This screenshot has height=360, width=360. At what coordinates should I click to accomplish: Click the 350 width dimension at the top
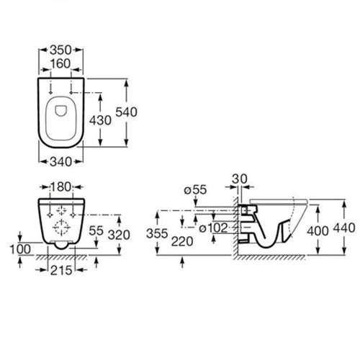pos(60,50)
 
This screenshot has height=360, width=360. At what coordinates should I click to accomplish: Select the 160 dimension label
pos(60,64)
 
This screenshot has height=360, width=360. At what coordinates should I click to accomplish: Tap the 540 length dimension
pos(127,112)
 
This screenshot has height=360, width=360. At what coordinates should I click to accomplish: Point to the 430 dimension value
pos(100,120)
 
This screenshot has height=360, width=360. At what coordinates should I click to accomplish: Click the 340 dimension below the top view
pos(60,162)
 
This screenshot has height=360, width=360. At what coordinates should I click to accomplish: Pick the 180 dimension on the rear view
pos(60,187)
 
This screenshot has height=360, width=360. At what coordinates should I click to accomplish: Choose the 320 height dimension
pos(119,235)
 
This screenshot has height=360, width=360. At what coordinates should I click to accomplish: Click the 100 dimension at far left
pos(20,249)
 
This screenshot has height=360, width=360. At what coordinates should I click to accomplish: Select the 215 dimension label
pos(61,271)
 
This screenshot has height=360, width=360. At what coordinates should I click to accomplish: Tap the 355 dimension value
pos(157,233)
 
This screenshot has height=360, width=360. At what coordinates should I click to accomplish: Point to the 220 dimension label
pos(182,241)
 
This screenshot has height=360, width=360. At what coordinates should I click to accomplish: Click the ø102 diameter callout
pos(213,228)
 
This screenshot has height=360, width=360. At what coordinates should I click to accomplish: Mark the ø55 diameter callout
pos(195,190)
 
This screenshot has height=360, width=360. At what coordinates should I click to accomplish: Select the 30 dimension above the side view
pos(240,179)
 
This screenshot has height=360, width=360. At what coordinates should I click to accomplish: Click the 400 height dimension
pos(318,231)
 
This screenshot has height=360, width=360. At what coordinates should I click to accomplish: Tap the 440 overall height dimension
pos(344,228)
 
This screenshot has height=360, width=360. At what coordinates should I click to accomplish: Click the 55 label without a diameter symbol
pos(96,231)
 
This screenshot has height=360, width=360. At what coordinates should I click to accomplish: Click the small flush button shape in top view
pos(60,111)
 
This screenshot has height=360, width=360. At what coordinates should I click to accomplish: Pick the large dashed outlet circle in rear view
pos(62,227)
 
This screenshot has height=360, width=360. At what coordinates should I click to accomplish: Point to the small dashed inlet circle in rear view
pos(62,210)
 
